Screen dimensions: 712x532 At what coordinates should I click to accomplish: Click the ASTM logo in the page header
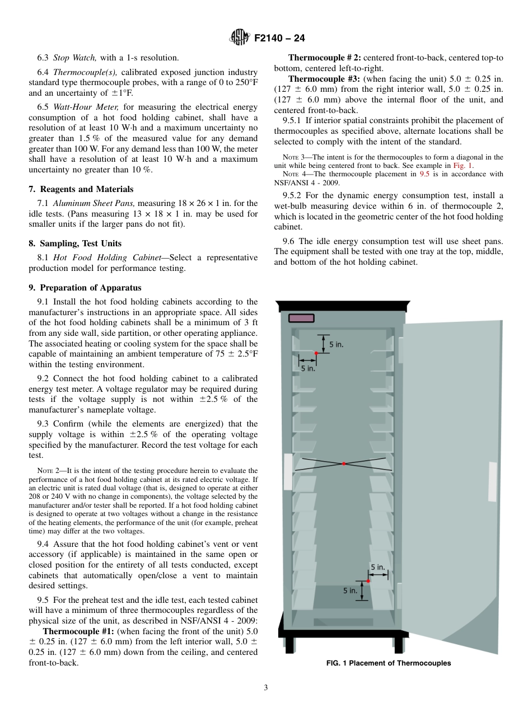tap(240, 38)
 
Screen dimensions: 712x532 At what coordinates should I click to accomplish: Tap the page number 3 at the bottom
tap(266, 688)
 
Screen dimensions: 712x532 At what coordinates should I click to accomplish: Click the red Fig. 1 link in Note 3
tap(463, 166)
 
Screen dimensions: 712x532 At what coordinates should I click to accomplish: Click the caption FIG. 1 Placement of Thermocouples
tap(389, 663)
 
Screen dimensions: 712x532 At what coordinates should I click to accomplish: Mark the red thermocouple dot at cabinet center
tap(343, 463)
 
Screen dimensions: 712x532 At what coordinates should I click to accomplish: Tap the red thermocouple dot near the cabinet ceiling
tap(316, 353)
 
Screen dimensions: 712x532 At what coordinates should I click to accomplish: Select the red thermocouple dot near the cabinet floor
tap(368, 581)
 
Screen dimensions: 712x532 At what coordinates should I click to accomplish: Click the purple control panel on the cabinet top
tap(301, 318)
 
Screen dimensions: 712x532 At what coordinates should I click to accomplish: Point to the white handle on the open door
tap(492, 481)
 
